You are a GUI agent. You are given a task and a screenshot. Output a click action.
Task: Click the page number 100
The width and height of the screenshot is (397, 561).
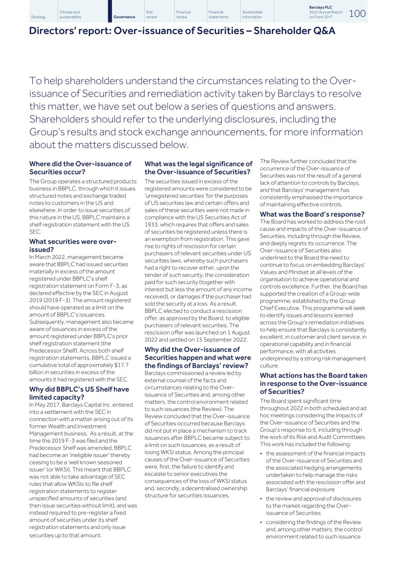click(x=357, y=14)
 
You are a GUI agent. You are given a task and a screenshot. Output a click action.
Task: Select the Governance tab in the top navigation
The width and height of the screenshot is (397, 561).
click(x=124, y=17)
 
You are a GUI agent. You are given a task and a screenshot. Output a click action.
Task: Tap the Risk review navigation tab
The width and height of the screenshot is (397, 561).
click(x=152, y=15)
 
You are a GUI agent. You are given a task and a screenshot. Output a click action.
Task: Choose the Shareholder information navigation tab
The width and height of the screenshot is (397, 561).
click(x=252, y=15)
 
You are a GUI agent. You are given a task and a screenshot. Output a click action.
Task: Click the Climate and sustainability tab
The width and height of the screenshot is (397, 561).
click(x=70, y=15)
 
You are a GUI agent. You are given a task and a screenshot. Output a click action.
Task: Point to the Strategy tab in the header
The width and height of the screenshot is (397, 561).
click(x=38, y=17)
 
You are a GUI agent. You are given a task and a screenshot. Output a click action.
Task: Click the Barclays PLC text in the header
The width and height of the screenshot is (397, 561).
click(x=320, y=7)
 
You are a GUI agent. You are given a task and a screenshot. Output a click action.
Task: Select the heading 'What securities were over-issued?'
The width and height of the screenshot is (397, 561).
click(x=73, y=245)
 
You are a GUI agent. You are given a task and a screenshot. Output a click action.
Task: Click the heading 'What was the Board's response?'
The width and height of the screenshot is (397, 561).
click(x=312, y=214)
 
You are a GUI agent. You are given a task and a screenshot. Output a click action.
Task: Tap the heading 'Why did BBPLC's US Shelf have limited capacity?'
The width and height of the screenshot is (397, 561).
click(x=79, y=393)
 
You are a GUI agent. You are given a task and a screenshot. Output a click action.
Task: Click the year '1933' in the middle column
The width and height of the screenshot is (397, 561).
click(x=151, y=224)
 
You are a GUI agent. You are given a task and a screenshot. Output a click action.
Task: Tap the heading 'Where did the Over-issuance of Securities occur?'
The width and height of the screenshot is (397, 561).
click(x=80, y=168)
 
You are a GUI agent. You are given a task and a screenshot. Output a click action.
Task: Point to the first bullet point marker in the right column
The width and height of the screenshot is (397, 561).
click(x=262, y=454)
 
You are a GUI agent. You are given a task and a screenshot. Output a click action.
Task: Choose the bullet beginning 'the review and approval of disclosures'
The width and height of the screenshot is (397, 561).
click(x=313, y=499)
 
